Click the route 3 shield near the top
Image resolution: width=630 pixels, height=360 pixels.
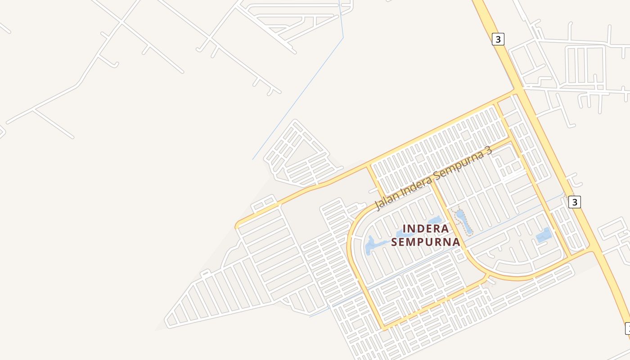coord(497,39)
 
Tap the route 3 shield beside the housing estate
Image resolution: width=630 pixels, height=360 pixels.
coord(574,202)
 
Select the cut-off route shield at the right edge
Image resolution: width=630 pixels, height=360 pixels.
coord(628,329)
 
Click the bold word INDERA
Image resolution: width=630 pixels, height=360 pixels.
coord(425,229)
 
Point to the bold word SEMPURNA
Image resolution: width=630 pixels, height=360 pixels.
coord(425,242)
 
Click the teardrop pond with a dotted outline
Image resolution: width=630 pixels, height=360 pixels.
coord(463,221)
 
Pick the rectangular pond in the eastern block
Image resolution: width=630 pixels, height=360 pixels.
coord(544,235)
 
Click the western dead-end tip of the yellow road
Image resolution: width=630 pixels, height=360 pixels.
coord(237,226)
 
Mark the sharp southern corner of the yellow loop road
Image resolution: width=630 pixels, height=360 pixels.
coord(384,327)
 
